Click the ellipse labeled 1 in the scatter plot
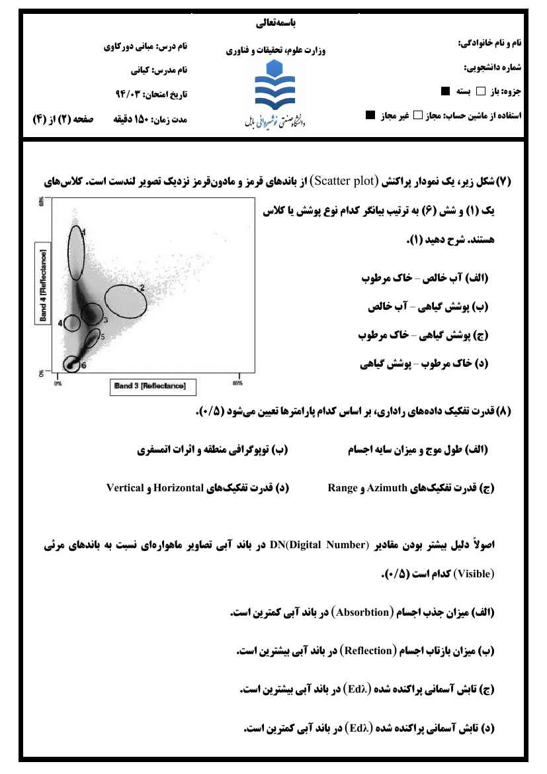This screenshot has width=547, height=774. (x=77, y=252)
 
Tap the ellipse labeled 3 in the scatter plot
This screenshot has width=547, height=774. (x=92, y=314)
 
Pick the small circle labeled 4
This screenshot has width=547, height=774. (x=72, y=323)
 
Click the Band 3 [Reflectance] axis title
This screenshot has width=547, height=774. (x=148, y=385)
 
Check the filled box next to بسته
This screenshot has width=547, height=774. (x=445, y=91)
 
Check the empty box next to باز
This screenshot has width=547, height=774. (x=481, y=91)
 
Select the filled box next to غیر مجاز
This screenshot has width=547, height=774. (x=370, y=115)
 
